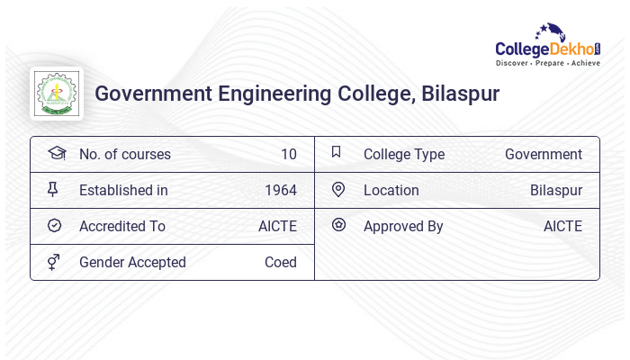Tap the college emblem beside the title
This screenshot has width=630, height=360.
click(x=56, y=94)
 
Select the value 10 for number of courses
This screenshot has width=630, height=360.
click(x=288, y=155)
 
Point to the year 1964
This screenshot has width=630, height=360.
click(x=280, y=191)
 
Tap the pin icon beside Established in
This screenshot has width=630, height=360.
click(x=53, y=190)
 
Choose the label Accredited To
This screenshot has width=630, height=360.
click(x=121, y=227)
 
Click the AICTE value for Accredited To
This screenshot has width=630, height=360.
click(x=277, y=227)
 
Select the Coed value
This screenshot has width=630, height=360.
click(x=280, y=263)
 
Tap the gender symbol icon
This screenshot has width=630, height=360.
click(x=53, y=262)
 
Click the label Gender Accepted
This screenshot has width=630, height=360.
click(x=132, y=263)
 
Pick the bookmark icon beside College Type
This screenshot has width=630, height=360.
click(x=337, y=153)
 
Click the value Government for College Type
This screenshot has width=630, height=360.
click(x=543, y=155)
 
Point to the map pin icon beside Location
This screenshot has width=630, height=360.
click(x=338, y=190)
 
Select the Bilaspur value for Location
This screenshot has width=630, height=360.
click(x=555, y=191)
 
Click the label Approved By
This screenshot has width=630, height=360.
click(x=403, y=227)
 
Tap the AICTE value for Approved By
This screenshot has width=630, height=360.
click(x=562, y=227)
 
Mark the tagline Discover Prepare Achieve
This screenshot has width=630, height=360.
click(x=547, y=64)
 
